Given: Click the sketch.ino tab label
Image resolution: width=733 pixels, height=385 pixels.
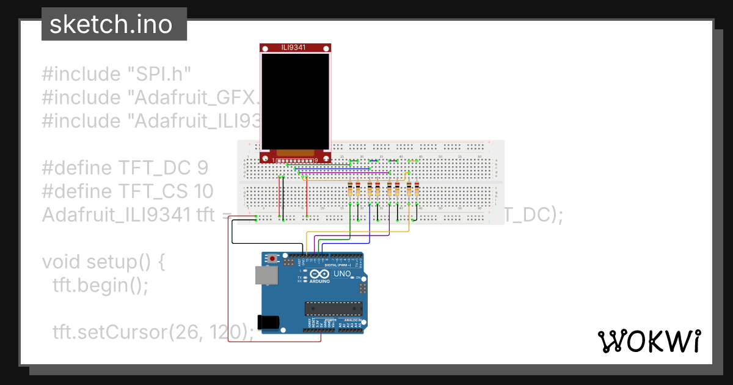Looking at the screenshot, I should [114, 24].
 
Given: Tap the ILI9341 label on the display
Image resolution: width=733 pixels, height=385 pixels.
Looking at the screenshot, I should [296, 48].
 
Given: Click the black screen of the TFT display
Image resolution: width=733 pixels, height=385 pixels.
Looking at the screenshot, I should [296, 101].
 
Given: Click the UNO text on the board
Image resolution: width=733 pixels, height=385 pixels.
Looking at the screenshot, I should [342, 274].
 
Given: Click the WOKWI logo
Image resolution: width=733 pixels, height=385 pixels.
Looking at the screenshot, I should [649, 341].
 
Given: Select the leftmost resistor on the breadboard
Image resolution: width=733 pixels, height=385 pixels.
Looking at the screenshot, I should [350, 189].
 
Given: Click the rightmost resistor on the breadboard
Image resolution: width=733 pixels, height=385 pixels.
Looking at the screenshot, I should [417, 189].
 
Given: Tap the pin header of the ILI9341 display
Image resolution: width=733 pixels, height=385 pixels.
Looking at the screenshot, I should [296, 161].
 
